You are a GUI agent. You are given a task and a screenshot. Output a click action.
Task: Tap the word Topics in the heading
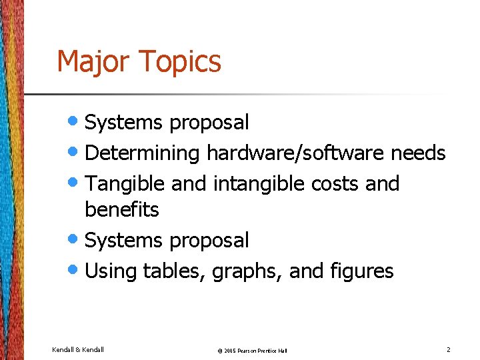pyautogui.click(x=180, y=61)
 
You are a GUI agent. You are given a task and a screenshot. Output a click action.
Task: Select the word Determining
pyautogui.click(x=143, y=153)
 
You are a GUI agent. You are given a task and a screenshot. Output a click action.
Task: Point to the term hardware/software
pyautogui.click(x=295, y=153)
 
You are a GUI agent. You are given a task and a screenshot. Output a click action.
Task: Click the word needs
pyautogui.click(x=418, y=153)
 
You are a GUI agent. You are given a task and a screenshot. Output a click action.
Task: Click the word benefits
pyautogui.click(x=121, y=210)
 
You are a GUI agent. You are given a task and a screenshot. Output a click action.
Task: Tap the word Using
pyautogui.click(x=111, y=271)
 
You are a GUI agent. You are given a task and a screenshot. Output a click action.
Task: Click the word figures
pyautogui.click(x=361, y=271)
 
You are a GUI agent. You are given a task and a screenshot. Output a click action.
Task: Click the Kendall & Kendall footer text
pyautogui.click(x=77, y=349)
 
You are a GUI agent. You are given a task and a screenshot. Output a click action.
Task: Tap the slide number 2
pyautogui.click(x=449, y=349)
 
